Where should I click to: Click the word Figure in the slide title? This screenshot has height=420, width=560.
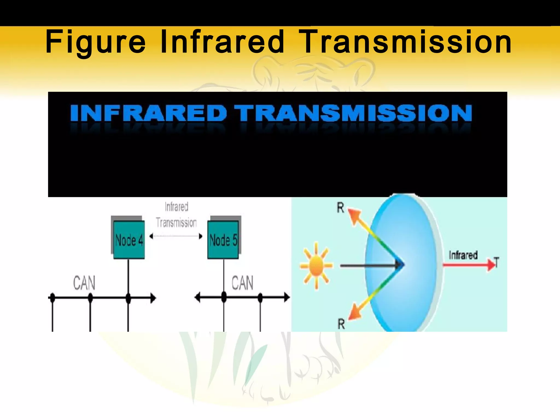(x=95, y=42)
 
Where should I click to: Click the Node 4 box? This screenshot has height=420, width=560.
(x=129, y=240)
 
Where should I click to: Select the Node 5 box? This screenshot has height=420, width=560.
(x=223, y=240)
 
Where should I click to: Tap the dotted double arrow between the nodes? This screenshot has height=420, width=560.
(x=176, y=236)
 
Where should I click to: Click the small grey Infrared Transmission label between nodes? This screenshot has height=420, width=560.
(x=176, y=215)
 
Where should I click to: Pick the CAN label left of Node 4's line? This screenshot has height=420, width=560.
(x=84, y=283)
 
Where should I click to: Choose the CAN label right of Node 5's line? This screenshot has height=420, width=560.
(x=242, y=283)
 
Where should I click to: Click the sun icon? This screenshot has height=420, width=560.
(x=316, y=265)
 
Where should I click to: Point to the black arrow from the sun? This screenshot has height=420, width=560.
(x=369, y=265)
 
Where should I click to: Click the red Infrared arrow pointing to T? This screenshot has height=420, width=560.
(x=468, y=265)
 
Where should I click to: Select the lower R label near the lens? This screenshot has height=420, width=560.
(x=341, y=324)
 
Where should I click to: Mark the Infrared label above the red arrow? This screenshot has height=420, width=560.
(x=463, y=255)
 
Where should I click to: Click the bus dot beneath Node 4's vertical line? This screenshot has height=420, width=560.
(x=128, y=298)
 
